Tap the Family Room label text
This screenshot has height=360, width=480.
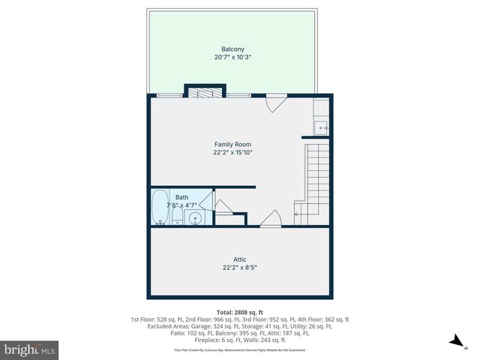[232, 144]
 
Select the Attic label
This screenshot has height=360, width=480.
[239, 259]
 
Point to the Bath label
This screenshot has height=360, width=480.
[182, 196]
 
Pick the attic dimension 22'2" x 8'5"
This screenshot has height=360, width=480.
[239, 268]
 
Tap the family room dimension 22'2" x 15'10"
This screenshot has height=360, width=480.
[232, 152]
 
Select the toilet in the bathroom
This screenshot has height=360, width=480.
[177, 217]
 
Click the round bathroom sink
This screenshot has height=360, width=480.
[195, 218]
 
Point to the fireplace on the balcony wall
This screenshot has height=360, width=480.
[204, 93]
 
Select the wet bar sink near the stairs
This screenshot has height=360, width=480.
[321, 127]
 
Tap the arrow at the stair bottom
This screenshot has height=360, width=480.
[297, 215]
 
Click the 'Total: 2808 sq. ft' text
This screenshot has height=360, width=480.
[239, 311]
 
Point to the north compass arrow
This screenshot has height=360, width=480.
[454, 341]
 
